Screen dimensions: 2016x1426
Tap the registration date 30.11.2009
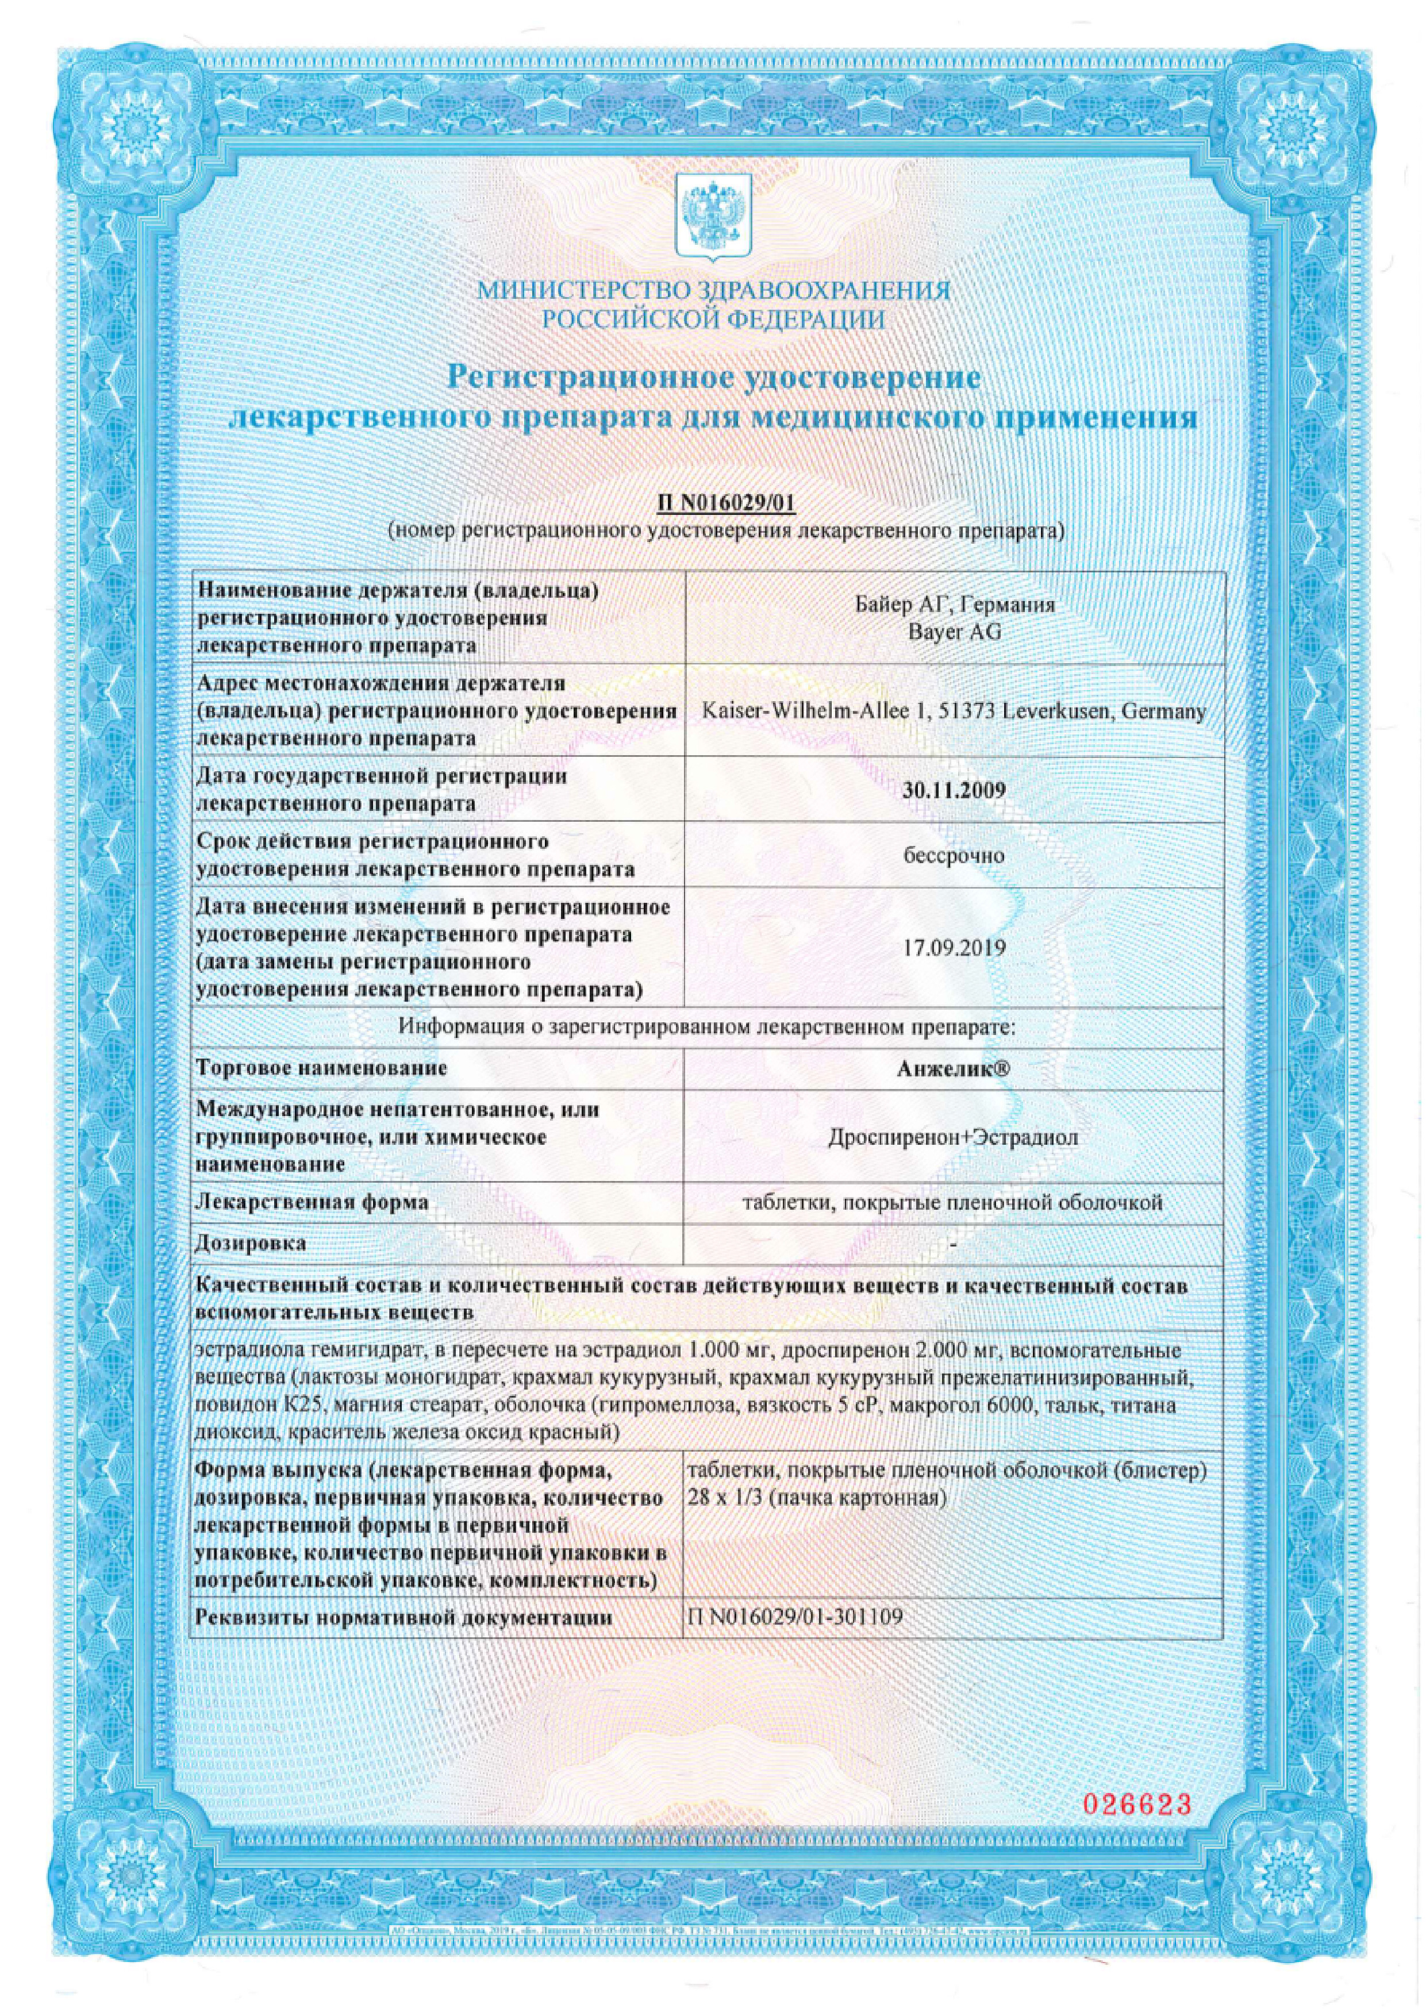[x=954, y=790]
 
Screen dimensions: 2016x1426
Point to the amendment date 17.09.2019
[x=954, y=948]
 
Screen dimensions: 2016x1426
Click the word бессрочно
[x=954, y=855]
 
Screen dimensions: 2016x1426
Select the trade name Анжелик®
[x=954, y=1068]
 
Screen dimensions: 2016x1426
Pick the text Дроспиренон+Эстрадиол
[x=954, y=1138]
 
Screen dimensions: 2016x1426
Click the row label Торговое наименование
[x=321, y=1068]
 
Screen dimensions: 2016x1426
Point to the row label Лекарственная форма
[x=313, y=1201]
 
